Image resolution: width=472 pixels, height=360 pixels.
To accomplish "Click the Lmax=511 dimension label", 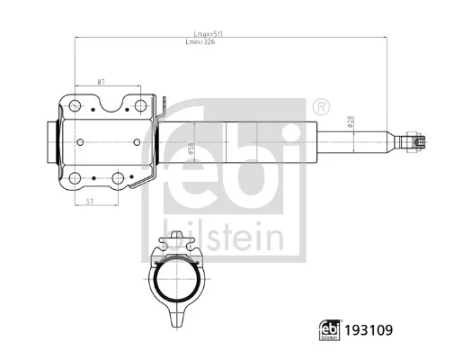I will (204, 33).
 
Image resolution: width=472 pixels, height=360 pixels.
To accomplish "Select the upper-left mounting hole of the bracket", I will (76, 107).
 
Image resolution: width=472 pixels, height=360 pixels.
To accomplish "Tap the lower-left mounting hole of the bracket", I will (76, 177).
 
